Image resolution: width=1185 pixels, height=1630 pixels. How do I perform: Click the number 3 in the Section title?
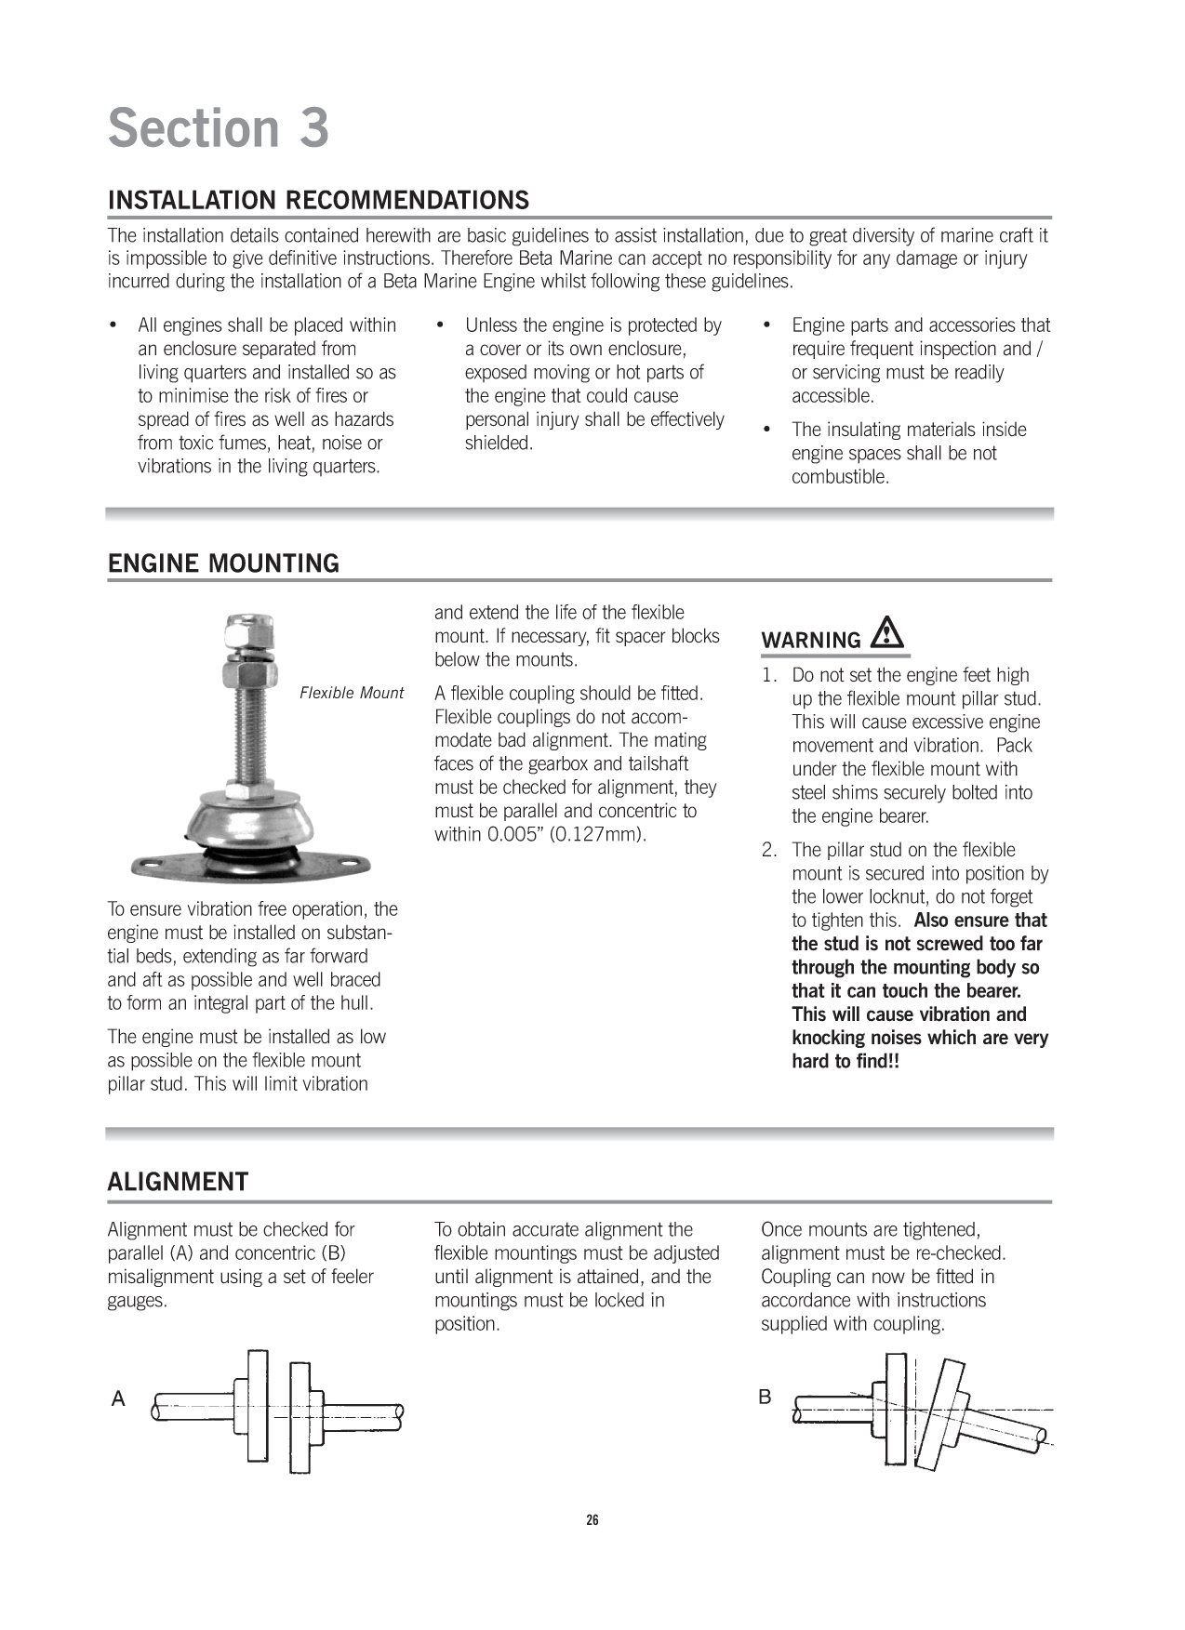tap(314, 128)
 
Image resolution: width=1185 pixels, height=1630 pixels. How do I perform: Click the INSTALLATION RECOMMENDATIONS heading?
tap(318, 200)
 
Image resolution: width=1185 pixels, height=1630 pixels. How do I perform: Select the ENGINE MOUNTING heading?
tap(223, 563)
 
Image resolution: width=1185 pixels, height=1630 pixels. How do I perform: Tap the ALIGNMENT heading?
tap(178, 1182)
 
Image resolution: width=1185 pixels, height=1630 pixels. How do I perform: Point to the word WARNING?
tap(811, 641)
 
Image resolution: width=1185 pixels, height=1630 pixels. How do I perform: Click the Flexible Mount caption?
tap(352, 693)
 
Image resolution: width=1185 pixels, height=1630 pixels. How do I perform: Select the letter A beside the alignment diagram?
tap(118, 1399)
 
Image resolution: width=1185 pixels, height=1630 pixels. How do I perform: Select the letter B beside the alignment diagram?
tap(765, 1397)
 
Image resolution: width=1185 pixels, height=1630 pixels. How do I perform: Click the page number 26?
tap(592, 1520)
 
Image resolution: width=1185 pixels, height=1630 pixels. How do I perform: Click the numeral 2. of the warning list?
tap(769, 850)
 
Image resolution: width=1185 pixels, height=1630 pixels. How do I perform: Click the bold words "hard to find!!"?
tap(845, 1061)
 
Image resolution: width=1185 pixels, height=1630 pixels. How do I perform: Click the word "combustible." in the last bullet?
tap(840, 477)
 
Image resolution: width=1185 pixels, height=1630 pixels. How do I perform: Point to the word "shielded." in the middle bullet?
tap(499, 443)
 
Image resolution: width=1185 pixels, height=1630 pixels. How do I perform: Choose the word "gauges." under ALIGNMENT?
tap(138, 1300)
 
